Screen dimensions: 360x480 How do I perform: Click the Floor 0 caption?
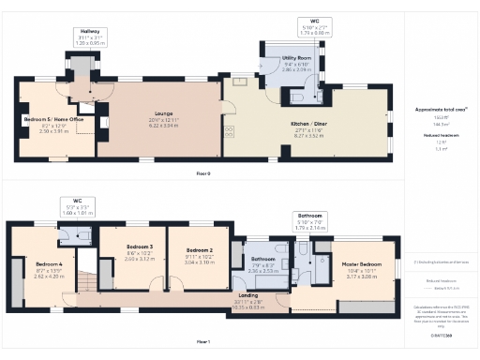(203, 174)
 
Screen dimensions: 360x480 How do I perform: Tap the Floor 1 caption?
(203, 341)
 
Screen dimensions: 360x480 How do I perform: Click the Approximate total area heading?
(441, 110)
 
